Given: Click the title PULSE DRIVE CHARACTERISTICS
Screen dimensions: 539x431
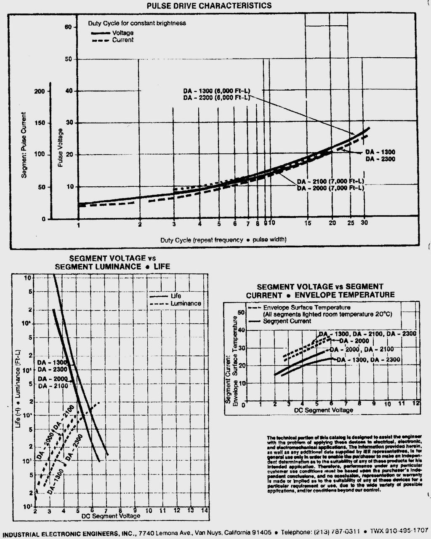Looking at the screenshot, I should [x=209, y=5].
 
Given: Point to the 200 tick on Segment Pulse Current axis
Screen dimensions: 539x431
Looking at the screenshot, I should [x=40, y=91].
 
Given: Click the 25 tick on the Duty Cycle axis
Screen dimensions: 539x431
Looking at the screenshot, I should [x=351, y=223].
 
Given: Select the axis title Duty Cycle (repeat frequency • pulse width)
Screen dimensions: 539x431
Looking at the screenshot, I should [x=223, y=240].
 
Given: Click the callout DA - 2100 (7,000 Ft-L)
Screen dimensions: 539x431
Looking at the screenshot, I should [x=330, y=181].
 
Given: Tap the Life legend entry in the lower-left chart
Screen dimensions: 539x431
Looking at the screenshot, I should [x=176, y=296].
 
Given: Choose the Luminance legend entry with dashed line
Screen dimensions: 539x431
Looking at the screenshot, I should [x=186, y=303].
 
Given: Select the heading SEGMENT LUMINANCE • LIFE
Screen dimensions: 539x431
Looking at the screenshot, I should [x=112, y=267].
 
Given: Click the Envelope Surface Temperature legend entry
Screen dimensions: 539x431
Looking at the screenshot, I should [x=306, y=308].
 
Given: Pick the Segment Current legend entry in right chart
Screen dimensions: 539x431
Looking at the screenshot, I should [x=287, y=321].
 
